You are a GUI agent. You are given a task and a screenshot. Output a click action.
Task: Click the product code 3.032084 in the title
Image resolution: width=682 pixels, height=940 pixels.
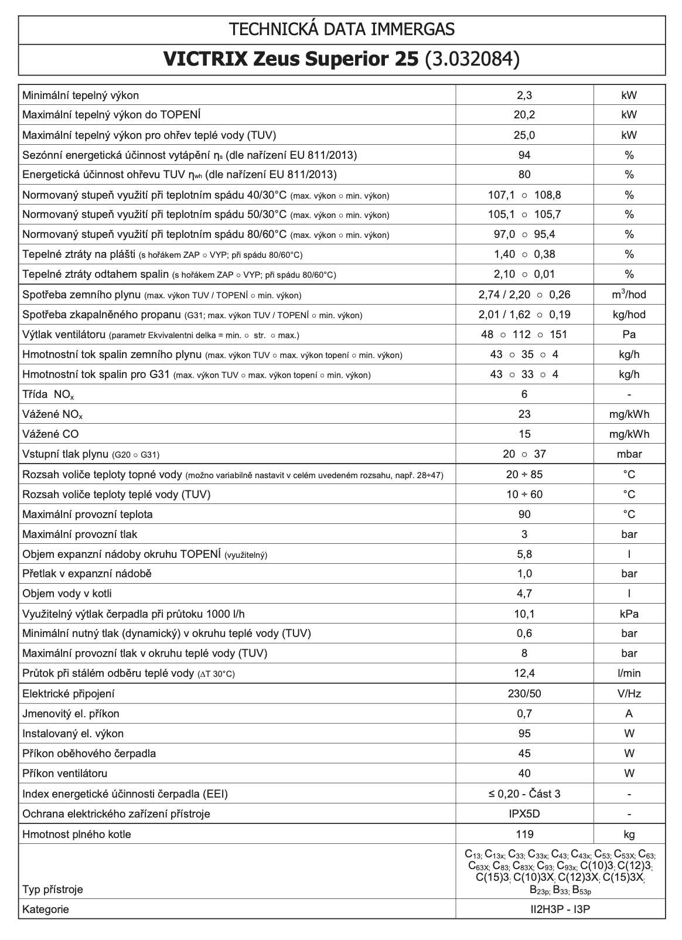pos(472,60)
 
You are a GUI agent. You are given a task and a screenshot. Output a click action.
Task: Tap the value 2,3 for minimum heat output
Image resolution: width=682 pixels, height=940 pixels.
pos(524,96)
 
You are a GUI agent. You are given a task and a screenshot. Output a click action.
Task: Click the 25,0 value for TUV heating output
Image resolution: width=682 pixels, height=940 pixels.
pos(524,135)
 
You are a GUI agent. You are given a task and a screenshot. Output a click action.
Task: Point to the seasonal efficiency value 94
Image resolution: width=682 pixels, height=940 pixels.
pos(524,155)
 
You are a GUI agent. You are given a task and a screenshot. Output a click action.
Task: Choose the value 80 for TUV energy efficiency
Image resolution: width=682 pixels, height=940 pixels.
pos(524,175)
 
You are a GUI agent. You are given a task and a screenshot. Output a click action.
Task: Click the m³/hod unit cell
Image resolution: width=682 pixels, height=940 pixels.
pos(629,294)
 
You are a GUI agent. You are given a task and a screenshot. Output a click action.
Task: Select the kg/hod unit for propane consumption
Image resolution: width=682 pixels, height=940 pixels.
pos(629,315)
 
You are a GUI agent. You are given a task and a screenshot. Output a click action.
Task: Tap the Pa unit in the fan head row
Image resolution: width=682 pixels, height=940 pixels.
pos(629,335)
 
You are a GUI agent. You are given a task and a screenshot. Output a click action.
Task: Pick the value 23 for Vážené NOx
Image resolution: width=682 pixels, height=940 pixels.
pos(524,414)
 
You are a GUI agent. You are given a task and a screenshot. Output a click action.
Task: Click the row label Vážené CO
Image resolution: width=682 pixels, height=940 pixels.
pos(50,434)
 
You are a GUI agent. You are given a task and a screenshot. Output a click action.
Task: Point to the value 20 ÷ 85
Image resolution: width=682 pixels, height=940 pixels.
pos(524,474)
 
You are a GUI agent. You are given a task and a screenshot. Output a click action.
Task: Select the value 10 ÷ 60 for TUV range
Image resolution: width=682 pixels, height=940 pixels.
pos(524,494)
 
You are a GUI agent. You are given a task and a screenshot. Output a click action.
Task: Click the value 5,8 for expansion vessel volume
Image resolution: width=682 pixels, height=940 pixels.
pos(524,554)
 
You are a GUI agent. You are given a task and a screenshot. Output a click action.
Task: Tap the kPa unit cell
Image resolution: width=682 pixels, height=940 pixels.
pos(629,614)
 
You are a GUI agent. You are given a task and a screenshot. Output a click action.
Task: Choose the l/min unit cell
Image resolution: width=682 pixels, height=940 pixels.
pos(629,673)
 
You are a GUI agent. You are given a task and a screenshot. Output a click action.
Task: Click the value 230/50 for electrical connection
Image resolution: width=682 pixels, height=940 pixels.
pos(524,694)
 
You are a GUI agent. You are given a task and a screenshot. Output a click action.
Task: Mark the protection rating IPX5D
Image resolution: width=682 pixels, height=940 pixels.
pos(524,813)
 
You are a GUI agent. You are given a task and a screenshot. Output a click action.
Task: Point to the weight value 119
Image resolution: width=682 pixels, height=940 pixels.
pos(524,834)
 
